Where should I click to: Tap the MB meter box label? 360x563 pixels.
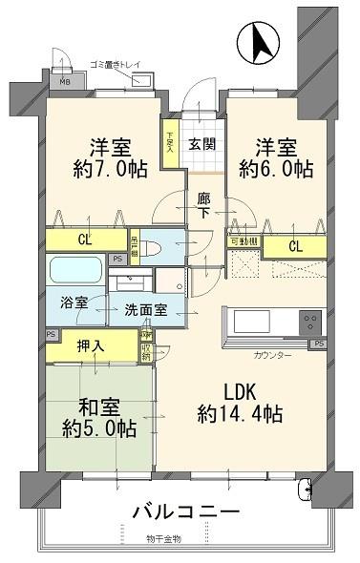[65, 81]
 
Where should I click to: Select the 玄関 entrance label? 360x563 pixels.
[201, 144]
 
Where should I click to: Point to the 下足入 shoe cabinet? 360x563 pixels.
[171, 142]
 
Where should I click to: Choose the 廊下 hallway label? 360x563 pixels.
[202, 204]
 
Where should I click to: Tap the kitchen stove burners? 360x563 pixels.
[311, 321]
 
